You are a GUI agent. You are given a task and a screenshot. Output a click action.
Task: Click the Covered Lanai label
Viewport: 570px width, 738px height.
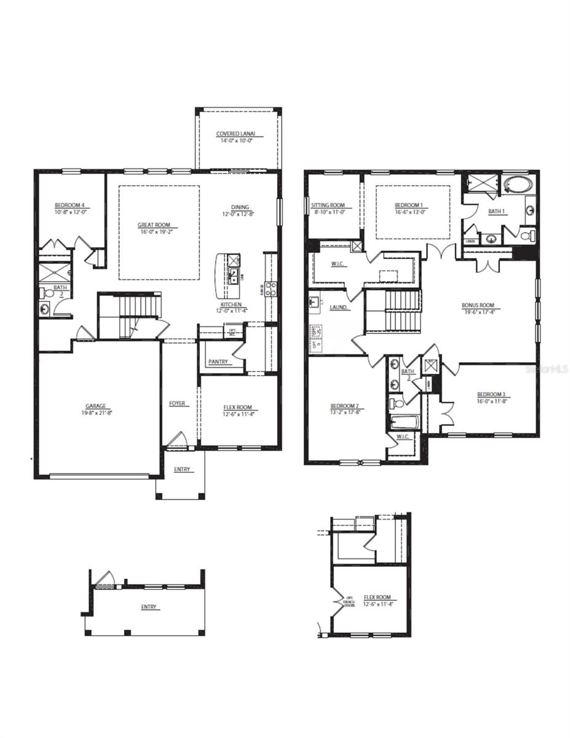point(236,133)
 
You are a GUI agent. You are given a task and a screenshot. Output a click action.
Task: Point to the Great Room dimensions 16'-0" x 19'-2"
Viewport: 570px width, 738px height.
point(154,232)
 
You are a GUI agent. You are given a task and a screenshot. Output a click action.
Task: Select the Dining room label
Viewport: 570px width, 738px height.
point(240,207)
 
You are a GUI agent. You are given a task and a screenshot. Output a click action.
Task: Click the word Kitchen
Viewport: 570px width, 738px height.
point(232,304)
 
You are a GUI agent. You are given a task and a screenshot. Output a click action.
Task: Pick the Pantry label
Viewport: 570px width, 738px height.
point(218,362)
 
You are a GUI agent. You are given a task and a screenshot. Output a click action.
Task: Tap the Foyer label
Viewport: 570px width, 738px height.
point(177,403)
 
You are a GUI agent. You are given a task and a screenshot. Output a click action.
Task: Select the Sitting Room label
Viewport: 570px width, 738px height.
point(328,205)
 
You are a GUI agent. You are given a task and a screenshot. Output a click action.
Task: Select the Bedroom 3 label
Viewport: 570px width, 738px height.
point(491,394)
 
